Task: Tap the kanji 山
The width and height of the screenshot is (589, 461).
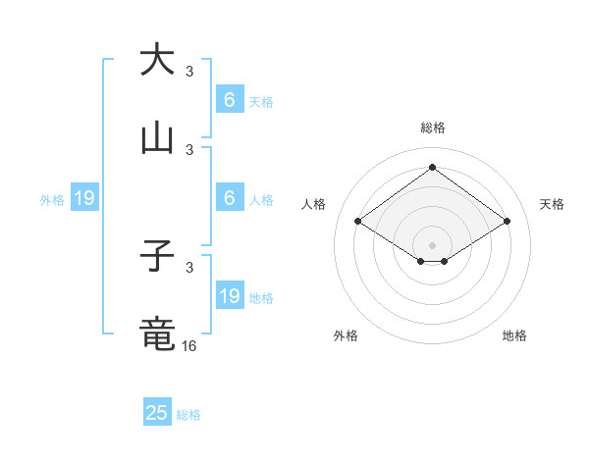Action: pos(157,138)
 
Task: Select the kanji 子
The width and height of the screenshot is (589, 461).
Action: pos(157,257)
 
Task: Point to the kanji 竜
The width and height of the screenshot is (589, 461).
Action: pos(157,334)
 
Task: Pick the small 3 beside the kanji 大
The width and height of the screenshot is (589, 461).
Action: pos(189,71)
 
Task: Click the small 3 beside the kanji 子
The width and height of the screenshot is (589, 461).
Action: pos(189,267)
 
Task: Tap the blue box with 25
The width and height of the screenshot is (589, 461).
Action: pos(157,413)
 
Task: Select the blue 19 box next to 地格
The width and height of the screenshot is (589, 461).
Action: pos(230,296)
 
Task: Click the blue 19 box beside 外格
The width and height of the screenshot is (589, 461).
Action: pos(84,199)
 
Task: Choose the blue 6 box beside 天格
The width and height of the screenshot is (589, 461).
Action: pos(230,100)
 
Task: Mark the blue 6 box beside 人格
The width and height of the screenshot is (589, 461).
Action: pos(230,198)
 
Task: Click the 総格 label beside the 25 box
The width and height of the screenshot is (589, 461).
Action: pos(189,415)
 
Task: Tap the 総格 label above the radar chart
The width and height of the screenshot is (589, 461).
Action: pos(432,128)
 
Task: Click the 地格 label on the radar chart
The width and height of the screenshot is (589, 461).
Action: pos(514,335)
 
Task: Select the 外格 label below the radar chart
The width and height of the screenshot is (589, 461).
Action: pos(346,335)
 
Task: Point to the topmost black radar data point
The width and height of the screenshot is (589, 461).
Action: pos(432,167)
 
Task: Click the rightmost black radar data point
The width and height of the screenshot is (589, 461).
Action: pos(508,222)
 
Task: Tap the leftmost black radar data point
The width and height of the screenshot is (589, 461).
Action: pos(357,222)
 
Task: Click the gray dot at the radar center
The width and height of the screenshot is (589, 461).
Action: pos(432,244)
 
